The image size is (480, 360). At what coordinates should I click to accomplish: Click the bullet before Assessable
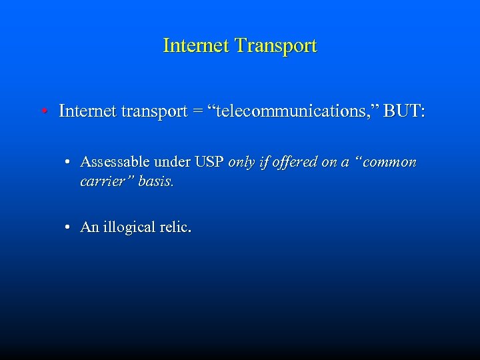coord(69,163)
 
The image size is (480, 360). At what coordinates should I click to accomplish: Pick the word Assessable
coord(115,162)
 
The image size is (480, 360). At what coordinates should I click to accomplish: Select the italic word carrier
coord(105,181)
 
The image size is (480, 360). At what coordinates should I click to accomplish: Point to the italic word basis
coord(156,181)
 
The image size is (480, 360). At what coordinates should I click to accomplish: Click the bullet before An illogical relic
coord(69,228)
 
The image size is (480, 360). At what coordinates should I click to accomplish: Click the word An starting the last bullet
coord(89,227)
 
